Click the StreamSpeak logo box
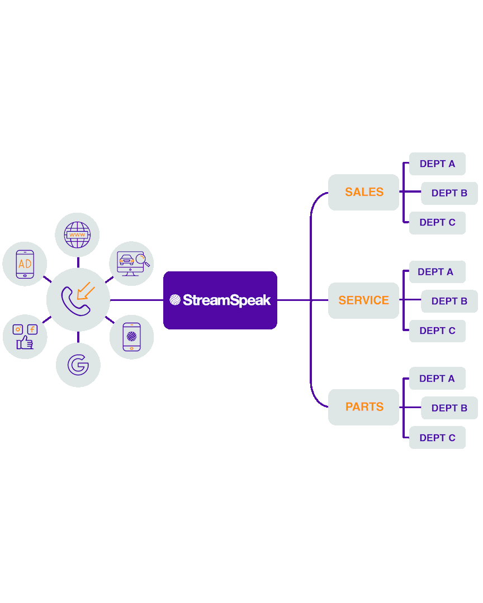[220, 300]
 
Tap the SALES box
[364, 192]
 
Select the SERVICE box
[364, 300]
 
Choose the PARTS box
[364, 407]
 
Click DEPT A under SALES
[437, 164]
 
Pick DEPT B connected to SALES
[449, 193]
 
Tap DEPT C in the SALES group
[437, 222]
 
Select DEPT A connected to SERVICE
[437, 272]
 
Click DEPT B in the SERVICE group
[449, 301]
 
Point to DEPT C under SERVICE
[437, 331]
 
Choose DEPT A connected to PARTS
[437, 379]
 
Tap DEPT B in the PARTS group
[449, 408]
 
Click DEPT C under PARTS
[437, 438]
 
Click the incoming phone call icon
[78, 300]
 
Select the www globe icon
[77, 235]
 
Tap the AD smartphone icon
[25, 264]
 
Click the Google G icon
[78, 365]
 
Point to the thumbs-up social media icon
[25, 336]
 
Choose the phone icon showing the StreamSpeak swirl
[131, 337]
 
